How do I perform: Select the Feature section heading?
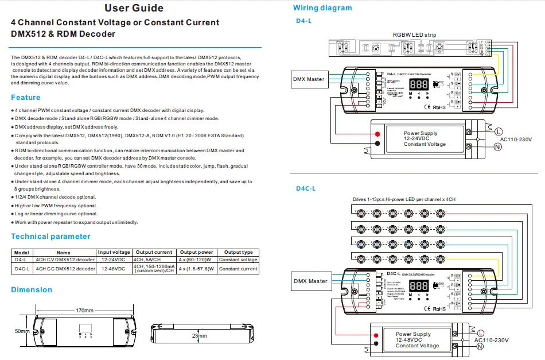point(26,98)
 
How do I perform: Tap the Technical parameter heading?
point(50,237)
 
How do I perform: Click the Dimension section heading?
point(32,290)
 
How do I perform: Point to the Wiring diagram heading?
point(322,8)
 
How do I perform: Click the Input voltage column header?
point(114,253)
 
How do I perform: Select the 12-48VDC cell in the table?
point(114,269)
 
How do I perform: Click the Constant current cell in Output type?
point(238,269)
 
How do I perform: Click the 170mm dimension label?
point(85,311)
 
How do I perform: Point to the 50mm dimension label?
point(22,332)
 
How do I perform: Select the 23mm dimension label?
point(200,336)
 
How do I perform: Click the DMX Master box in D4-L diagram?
point(308,79)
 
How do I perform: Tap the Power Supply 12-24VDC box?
point(420,138)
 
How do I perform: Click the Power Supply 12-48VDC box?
point(417,340)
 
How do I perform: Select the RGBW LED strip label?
point(414,35)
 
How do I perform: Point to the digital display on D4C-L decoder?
point(419,285)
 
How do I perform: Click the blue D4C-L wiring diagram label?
point(306,188)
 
